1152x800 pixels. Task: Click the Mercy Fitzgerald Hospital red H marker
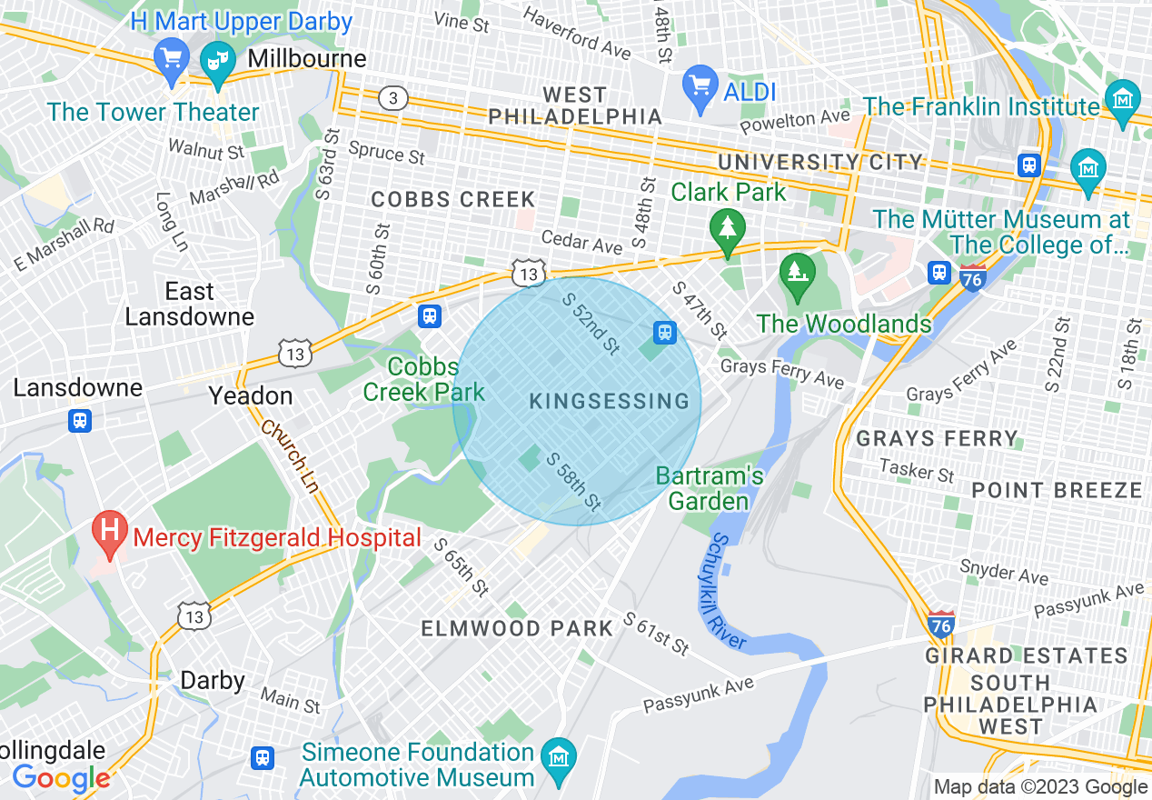tap(110, 532)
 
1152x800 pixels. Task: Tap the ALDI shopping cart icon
tap(700, 87)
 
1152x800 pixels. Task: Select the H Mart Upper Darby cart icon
tap(170, 58)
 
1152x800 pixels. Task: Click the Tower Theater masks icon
tap(216, 63)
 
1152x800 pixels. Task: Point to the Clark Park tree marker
tap(727, 228)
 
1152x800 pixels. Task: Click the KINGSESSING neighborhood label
tap(609, 401)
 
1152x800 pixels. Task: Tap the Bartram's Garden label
tap(710, 488)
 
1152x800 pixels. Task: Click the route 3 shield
tap(392, 98)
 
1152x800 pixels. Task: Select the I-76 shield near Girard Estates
tap(941, 624)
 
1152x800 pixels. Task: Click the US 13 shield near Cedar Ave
tap(528, 272)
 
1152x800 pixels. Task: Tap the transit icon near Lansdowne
tap(80, 421)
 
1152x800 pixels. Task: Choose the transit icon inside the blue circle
tap(665, 332)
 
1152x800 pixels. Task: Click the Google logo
tap(61, 777)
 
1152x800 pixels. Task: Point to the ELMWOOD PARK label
tap(518, 628)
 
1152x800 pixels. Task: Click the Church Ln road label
tap(289, 457)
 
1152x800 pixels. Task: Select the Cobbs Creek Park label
tap(423, 379)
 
